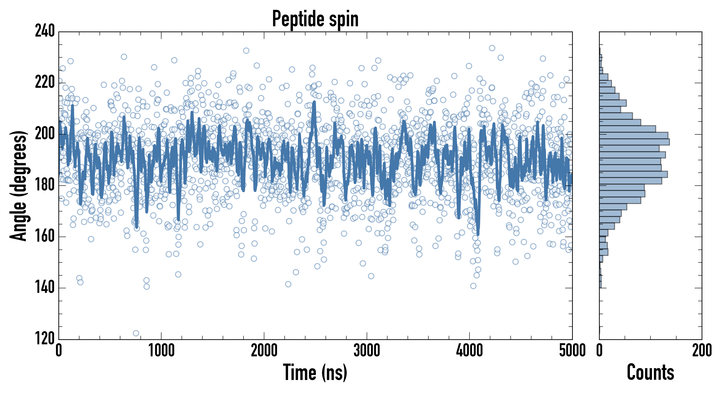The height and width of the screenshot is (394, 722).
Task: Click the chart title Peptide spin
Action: coord(315,19)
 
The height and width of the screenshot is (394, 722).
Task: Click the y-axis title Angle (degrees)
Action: coord(19,185)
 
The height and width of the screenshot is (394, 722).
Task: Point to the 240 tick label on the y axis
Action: coord(45,31)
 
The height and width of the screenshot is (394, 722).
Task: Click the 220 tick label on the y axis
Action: coord(45,83)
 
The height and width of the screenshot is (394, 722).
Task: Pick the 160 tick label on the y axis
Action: coord(45,236)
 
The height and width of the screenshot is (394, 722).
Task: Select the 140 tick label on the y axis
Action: coord(45,288)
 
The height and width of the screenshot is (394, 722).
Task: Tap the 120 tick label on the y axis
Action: coord(45,339)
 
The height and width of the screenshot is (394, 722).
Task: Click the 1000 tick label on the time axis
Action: coord(161,350)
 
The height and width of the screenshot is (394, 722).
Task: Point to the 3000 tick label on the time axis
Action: coord(367,350)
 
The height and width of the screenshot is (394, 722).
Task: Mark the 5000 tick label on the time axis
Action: coord(572,350)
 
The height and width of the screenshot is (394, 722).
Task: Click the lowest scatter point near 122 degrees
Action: coord(136,333)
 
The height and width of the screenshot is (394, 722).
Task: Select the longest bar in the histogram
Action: coord(634,142)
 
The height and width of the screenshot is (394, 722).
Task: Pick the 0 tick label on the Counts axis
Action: coord(599,350)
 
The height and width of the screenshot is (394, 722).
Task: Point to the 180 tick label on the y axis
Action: coord(45,185)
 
